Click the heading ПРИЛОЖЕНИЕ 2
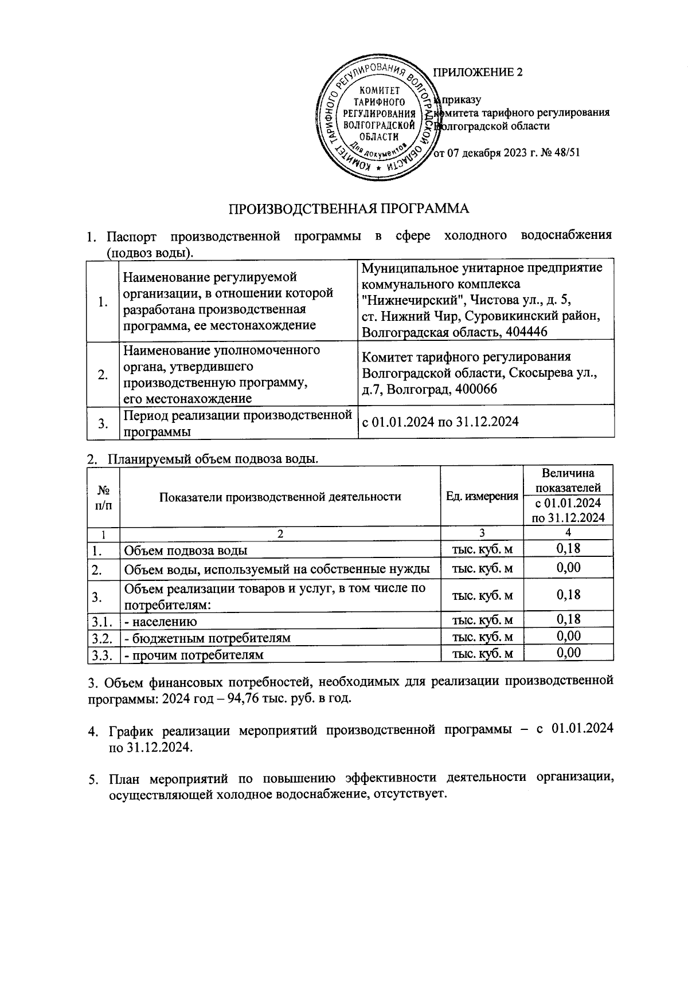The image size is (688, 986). pos(478,72)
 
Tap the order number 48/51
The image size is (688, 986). pos(561,154)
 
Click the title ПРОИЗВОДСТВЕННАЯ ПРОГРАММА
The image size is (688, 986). pos(349,209)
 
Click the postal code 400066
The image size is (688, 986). pos(472,389)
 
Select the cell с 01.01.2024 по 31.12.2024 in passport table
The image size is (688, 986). pos(440,422)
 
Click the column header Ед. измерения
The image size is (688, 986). pos(482,496)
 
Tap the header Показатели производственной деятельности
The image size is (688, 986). pos(280,496)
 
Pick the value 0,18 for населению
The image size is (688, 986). pos(568,619)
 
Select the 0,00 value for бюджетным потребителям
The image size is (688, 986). pos(568,636)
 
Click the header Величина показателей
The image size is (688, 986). pos(568,480)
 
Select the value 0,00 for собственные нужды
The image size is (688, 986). pos(568,568)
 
